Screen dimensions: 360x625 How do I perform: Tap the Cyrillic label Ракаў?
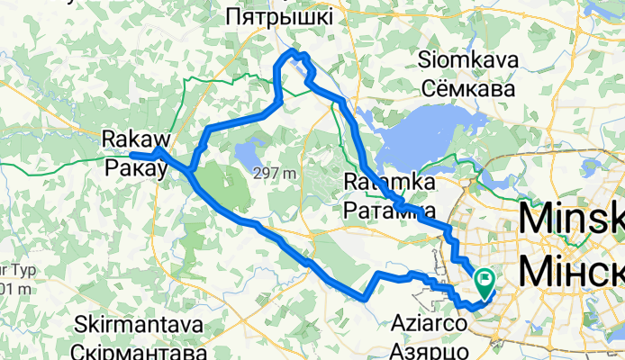tap(135, 167)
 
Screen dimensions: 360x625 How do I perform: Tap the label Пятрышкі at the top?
tap(278, 16)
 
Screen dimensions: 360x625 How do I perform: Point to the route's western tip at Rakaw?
tap(132, 156)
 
